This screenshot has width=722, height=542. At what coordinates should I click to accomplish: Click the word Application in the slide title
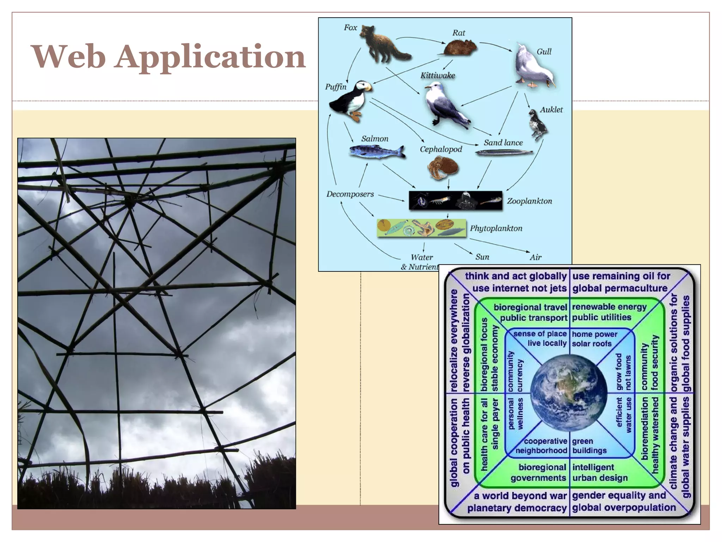tap(210, 57)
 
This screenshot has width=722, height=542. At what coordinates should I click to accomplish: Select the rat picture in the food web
tap(459, 48)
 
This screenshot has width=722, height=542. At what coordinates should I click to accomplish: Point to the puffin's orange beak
tap(368, 86)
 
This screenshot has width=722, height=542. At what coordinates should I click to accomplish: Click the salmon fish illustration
tap(377, 152)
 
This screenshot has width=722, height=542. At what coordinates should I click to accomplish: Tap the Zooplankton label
tap(529, 201)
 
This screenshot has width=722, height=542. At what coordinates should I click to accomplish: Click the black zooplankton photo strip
tap(455, 200)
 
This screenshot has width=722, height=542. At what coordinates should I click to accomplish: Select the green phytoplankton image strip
tap(421, 228)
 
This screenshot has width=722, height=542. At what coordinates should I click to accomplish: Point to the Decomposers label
tap(350, 194)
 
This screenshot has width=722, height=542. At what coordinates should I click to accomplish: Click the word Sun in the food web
tap(482, 257)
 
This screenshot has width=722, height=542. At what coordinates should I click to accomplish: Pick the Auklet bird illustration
tap(538, 125)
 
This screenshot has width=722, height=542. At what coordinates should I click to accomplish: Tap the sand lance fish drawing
tap(504, 152)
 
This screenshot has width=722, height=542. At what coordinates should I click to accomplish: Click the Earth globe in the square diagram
tap(568, 393)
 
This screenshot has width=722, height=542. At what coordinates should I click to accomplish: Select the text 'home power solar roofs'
tap(594, 339)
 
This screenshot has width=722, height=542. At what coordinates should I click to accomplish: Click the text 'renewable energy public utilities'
tap(609, 312)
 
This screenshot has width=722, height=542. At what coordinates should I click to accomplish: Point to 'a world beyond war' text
tap(520, 496)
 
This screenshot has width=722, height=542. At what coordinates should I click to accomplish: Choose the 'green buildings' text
tap(589, 446)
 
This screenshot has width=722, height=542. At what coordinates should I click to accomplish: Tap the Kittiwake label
tap(438, 76)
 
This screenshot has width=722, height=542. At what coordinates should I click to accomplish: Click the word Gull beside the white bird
tap(544, 52)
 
